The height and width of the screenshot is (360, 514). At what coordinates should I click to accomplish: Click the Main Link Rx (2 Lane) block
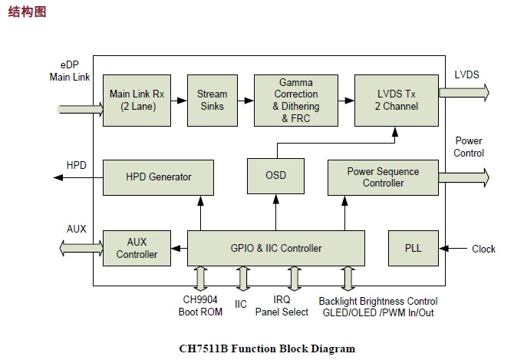click(137, 101)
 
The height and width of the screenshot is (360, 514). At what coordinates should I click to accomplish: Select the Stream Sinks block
click(213, 101)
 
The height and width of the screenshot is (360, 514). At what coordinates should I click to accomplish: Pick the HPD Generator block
click(158, 177)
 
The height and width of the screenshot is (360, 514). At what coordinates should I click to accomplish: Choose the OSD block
click(275, 176)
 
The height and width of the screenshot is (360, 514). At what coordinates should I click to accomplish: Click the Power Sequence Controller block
click(383, 177)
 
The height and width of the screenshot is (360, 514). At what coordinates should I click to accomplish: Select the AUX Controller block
click(137, 248)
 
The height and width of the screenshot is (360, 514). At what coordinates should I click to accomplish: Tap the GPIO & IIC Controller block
click(275, 248)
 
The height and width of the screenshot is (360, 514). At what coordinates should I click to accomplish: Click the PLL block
click(413, 248)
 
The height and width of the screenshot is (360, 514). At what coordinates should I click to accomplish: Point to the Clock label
click(483, 249)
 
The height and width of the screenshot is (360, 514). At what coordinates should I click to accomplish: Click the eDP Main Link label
click(69, 71)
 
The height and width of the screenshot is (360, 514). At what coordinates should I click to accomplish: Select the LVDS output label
click(466, 74)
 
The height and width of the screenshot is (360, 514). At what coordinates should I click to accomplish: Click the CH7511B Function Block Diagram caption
click(267, 348)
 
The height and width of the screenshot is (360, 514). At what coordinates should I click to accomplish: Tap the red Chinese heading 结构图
click(27, 12)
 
